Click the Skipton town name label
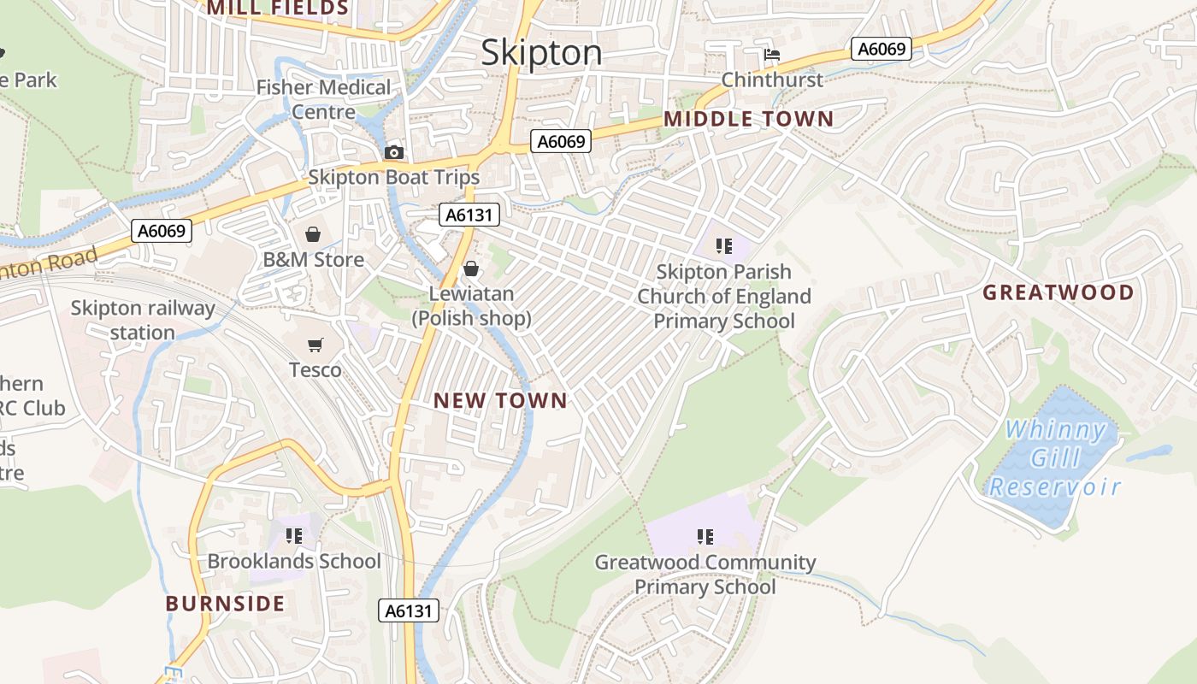pos(541,53)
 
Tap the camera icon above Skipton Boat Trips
pos(393,152)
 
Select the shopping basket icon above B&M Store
pos(313,234)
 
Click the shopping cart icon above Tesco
pos(315,345)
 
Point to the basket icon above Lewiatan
pos(470,269)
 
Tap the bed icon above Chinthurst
pos(772,55)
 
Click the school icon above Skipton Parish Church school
pos(724,246)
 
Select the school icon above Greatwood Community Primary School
pos(705,537)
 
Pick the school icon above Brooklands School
pos(294,536)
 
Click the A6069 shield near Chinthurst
pos(882,49)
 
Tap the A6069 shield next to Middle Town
pos(561,142)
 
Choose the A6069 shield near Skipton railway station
pos(162,231)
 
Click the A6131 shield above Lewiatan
pos(469,215)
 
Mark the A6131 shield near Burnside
pos(409,610)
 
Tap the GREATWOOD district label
pos(1058,292)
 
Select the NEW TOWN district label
pos(500,400)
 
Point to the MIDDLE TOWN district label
pos(748,119)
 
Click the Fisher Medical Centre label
pos(323,99)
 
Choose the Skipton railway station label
pos(142,320)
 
